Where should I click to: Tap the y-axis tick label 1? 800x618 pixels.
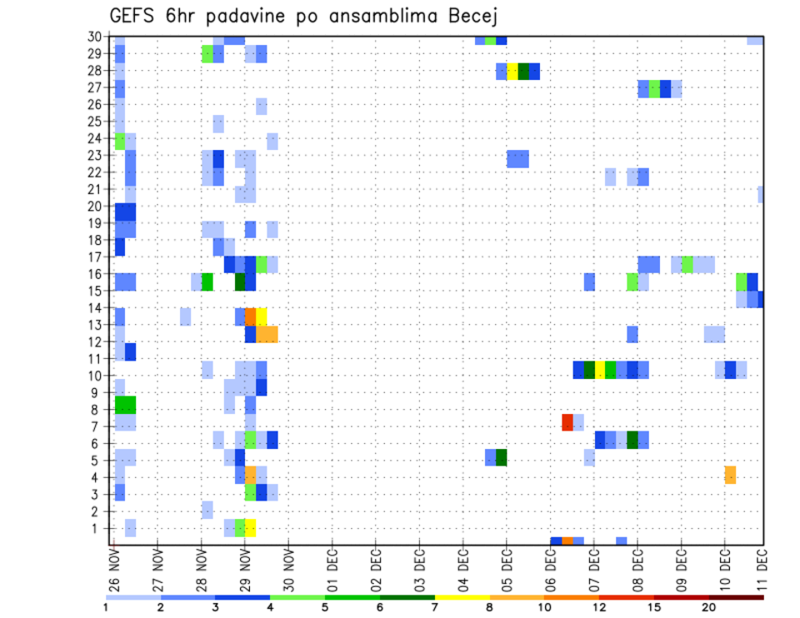(x=98, y=528)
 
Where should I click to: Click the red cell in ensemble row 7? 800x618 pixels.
(x=567, y=422)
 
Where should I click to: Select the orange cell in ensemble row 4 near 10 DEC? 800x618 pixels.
(x=730, y=475)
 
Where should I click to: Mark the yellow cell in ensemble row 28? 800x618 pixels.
(x=512, y=72)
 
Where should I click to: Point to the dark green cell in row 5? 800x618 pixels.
(x=502, y=457)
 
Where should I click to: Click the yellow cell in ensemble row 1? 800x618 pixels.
(x=251, y=528)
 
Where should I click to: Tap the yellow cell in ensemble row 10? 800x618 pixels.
(x=600, y=370)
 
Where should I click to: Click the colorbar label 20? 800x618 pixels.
(x=709, y=607)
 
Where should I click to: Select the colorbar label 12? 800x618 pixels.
(x=599, y=607)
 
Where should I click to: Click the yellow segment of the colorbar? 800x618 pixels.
(x=462, y=597)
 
